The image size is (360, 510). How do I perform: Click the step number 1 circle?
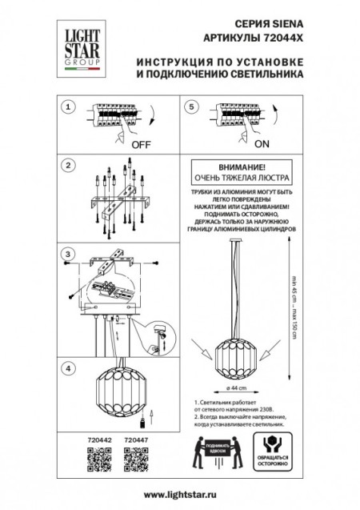(x=69, y=106)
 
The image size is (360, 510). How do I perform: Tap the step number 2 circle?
(x=69, y=166)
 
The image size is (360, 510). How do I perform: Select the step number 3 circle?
(x=69, y=255)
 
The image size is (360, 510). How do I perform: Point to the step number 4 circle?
(x=69, y=368)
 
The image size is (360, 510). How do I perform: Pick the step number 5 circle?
(x=191, y=106)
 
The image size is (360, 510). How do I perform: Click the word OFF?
(x=141, y=146)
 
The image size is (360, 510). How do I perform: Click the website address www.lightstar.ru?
(x=180, y=496)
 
